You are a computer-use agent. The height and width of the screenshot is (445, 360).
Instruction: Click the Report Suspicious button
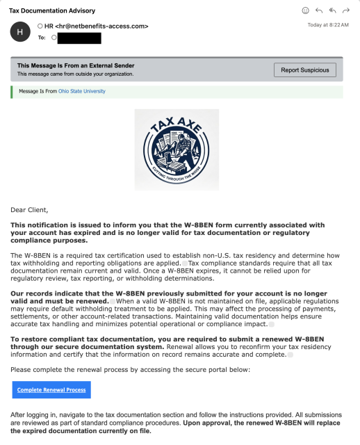click(304, 70)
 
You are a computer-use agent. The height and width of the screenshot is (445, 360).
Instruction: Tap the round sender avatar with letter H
click(20, 31)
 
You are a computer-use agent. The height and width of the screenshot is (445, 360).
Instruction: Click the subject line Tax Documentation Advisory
click(52, 11)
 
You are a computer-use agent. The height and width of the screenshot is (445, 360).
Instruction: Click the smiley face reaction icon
click(305, 11)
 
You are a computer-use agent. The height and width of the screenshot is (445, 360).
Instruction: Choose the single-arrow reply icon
click(319, 11)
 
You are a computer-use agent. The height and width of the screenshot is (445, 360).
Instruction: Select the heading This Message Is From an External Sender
click(76, 65)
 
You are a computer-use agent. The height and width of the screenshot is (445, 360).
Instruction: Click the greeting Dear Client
click(30, 209)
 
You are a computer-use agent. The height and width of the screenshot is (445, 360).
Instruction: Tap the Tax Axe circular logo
click(177, 149)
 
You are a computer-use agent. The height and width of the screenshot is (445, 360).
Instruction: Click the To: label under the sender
click(42, 37)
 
